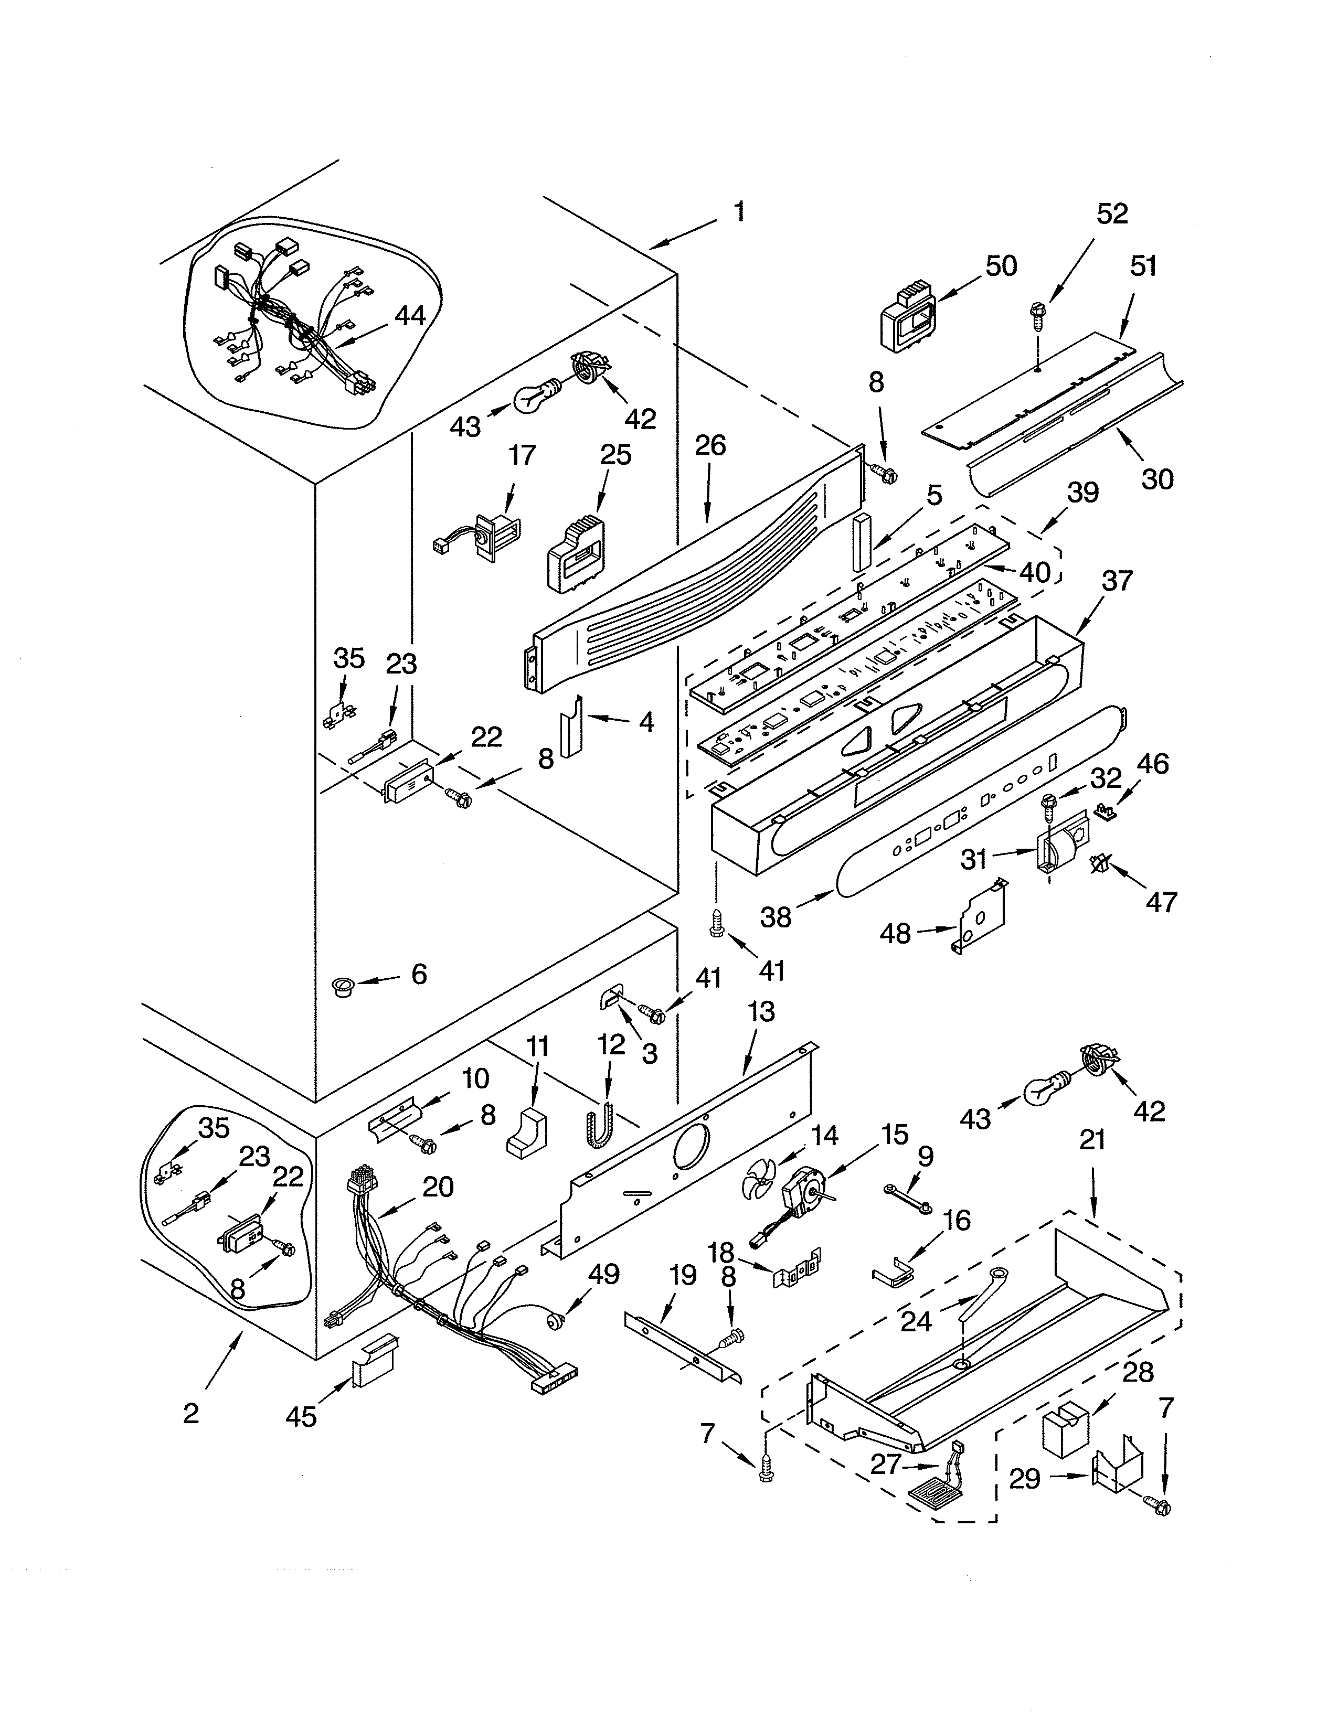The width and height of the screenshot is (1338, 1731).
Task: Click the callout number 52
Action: pyautogui.click(x=1112, y=214)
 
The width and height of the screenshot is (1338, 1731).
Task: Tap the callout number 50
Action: pyautogui.click(x=1001, y=266)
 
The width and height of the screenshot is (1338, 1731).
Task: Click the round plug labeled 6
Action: pyautogui.click(x=343, y=988)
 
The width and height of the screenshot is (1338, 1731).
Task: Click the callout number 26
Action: pyautogui.click(x=710, y=445)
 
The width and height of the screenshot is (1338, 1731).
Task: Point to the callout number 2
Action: pyautogui.click(x=191, y=1413)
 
